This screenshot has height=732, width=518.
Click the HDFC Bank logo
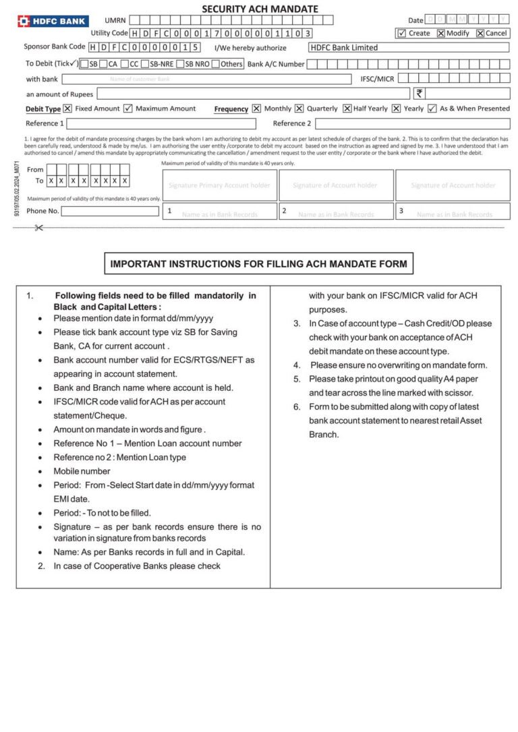click(x=53, y=21)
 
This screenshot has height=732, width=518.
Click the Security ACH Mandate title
click(x=260, y=9)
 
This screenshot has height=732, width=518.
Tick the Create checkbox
click(x=401, y=33)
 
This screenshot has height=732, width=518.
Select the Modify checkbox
click(x=440, y=33)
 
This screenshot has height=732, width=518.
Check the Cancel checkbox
click(x=480, y=33)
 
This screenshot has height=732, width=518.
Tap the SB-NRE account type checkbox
click(x=144, y=64)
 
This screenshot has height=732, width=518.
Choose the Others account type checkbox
click(x=215, y=64)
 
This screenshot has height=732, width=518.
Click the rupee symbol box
click(x=420, y=94)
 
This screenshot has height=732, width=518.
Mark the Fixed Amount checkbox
click(x=67, y=109)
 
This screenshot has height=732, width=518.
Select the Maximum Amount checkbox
click(x=128, y=109)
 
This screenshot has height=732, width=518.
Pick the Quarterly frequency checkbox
click(x=299, y=109)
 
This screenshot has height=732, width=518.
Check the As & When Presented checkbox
click(x=432, y=109)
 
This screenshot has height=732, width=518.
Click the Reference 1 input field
click(x=161, y=124)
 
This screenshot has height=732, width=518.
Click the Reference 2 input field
click(x=412, y=124)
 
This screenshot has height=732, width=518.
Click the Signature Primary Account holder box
click(x=219, y=185)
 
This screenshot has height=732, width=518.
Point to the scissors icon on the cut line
click(x=38, y=228)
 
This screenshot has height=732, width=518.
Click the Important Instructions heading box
click(x=258, y=264)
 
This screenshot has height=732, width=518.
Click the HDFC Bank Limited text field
click(x=408, y=48)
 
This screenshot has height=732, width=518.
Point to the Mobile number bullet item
click(x=82, y=471)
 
